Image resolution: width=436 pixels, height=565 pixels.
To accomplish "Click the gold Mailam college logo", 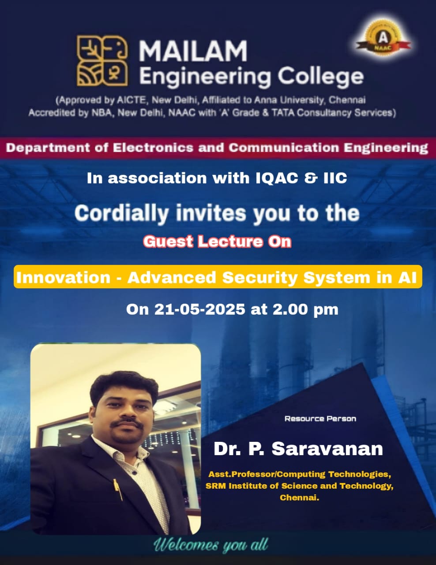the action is coord(102,61).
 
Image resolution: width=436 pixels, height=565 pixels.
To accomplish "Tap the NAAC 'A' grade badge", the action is coord(383,40).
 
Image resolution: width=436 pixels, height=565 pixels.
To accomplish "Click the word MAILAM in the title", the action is coord(193,51).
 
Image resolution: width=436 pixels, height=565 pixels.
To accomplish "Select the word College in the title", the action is coord(320,77).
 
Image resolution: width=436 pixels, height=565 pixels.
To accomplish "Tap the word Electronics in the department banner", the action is coord(153,148).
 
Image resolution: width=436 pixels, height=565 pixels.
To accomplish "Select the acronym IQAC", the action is coord(276,178).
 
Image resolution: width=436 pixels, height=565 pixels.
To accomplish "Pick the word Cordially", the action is coord(122,214).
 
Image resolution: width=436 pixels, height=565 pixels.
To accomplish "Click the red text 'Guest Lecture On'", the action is coord(217,241).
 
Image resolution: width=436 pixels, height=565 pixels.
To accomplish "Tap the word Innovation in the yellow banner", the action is coord(64,277).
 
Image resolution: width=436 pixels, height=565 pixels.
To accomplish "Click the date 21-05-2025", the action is coord(200,309).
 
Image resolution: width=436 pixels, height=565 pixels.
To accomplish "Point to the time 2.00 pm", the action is coord(305,310).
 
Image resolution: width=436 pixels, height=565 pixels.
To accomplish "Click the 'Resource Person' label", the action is coord(320,418).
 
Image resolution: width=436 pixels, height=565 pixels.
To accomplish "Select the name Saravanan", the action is coord(327,449).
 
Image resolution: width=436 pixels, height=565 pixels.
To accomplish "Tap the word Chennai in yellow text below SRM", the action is coord(299,497).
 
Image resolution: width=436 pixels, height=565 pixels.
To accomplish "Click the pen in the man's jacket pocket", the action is coord(118,490).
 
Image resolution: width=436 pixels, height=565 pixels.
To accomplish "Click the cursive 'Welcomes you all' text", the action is coord(210,544).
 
